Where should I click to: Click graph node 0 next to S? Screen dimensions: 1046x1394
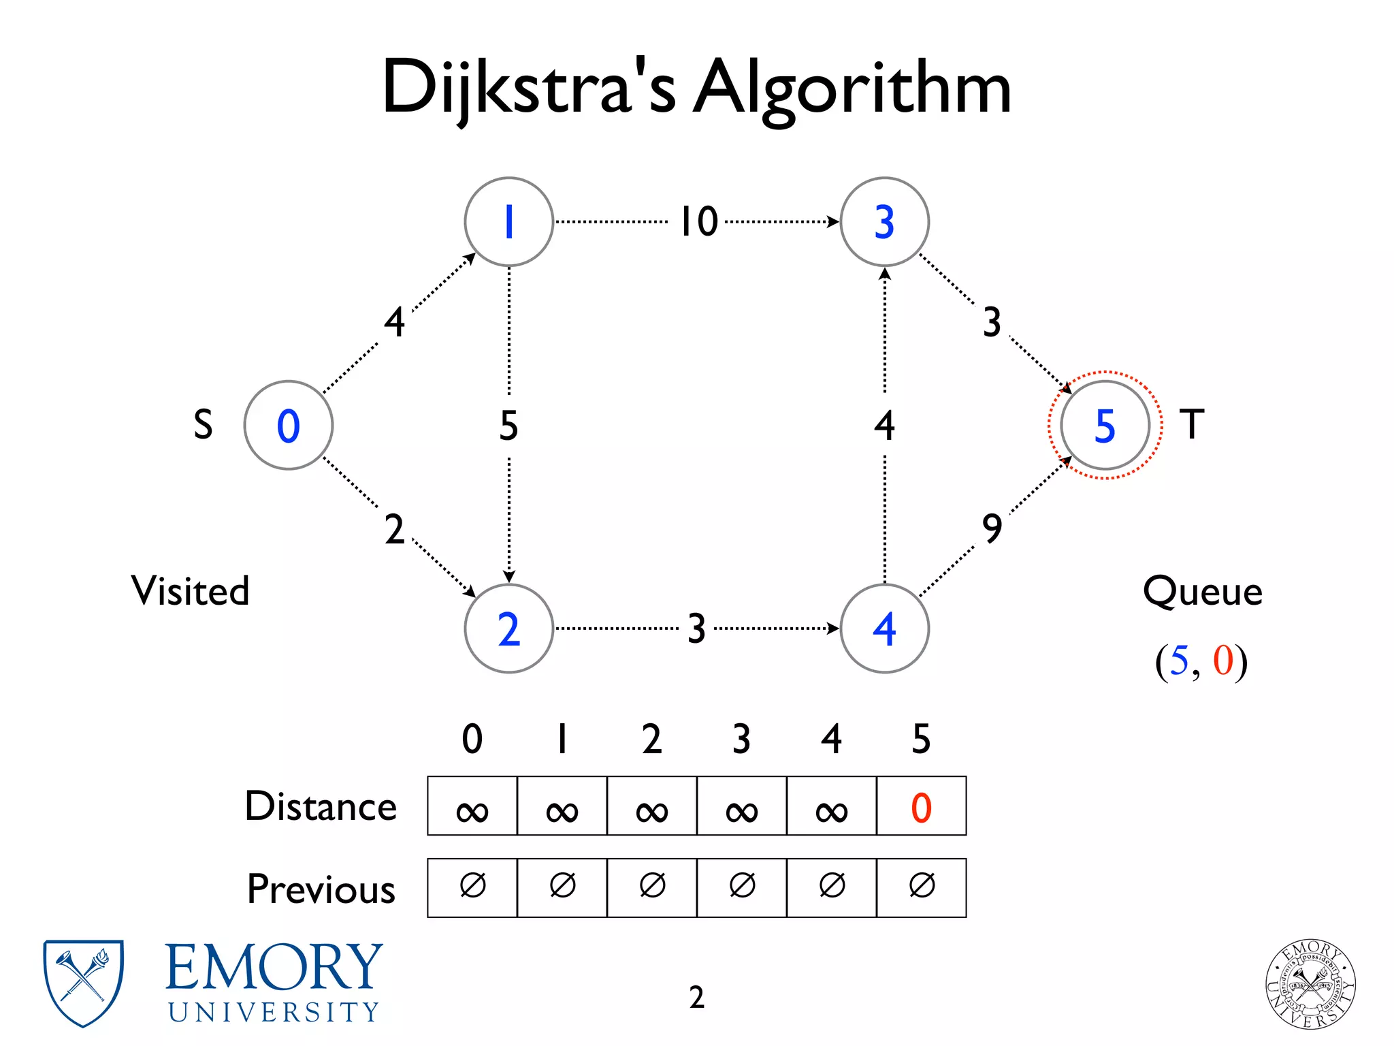point(289,425)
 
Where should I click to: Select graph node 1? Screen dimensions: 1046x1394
point(508,221)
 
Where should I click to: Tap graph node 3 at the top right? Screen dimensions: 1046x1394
point(884,221)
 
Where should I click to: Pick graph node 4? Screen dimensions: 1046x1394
point(884,628)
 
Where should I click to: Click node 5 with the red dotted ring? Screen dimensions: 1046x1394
point(1105,425)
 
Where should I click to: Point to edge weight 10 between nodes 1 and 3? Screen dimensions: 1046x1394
point(699,221)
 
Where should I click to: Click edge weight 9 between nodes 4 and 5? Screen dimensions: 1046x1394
point(992,528)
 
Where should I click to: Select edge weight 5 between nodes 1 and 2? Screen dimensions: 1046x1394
point(508,426)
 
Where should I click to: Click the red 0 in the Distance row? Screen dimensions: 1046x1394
point(921,808)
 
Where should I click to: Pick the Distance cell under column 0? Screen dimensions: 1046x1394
point(472,806)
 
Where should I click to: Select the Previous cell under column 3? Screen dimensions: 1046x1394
point(742,887)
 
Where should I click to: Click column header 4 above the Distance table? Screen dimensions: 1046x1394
point(831,739)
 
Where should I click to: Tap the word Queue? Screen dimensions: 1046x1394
point(1202,591)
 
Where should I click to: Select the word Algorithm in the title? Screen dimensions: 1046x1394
point(852,89)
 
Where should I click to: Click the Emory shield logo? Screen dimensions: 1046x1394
point(83,982)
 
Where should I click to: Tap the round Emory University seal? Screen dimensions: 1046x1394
point(1310,984)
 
